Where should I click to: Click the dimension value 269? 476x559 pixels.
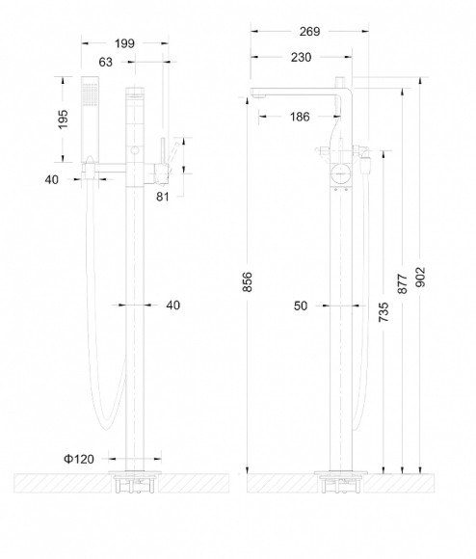(309, 32)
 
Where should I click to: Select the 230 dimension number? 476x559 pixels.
(301, 58)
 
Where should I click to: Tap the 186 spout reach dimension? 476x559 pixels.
(300, 117)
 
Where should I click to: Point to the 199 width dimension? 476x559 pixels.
(124, 43)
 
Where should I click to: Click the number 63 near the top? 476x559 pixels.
(105, 63)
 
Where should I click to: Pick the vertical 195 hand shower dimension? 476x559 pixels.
(63, 120)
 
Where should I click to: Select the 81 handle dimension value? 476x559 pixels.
(163, 197)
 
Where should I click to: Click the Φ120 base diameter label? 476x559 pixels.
(79, 459)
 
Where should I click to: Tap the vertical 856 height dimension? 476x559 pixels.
(247, 282)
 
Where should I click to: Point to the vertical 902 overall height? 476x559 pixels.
(420, 277)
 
